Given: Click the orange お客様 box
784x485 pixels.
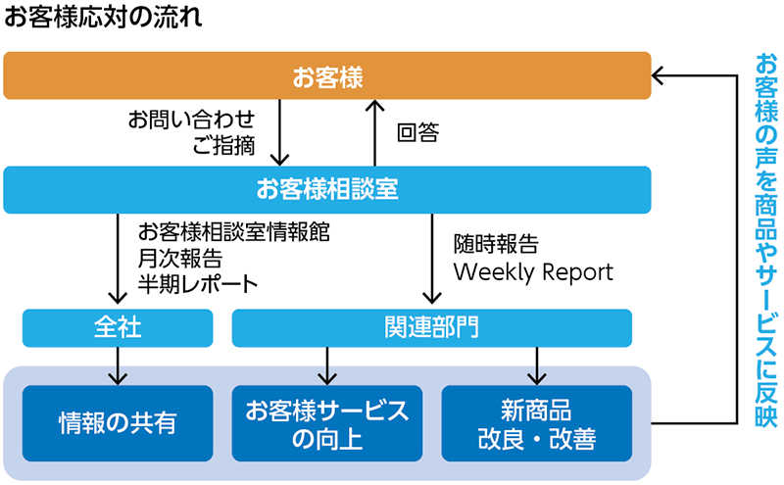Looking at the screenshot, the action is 327,75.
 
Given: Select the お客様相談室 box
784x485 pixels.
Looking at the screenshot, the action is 327,190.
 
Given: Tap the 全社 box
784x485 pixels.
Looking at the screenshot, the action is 118,328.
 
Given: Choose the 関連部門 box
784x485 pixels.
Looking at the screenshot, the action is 431,328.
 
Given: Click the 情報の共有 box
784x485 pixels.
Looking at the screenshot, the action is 118,423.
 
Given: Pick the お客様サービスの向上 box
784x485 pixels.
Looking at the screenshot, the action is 327,423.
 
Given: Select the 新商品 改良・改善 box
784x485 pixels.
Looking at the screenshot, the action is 536,423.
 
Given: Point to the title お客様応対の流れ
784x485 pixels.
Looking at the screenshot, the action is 103,17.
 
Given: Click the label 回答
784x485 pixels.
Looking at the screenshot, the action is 418,133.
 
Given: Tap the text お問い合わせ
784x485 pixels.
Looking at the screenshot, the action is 191,120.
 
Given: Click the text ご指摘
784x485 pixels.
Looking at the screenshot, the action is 223,145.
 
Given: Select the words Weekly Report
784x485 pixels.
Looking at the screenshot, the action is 533,272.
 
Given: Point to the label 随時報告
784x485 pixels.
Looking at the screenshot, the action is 496,245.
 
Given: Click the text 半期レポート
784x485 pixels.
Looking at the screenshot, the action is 198,284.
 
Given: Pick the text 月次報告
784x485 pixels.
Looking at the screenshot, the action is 180,258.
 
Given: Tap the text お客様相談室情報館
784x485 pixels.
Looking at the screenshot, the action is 234,232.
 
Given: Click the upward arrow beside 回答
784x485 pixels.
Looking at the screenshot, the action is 375,133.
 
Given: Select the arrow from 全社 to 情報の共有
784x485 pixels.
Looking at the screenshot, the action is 118,366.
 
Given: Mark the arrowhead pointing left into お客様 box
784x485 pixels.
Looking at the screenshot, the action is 657,75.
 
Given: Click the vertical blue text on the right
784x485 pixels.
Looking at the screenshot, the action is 765,240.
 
